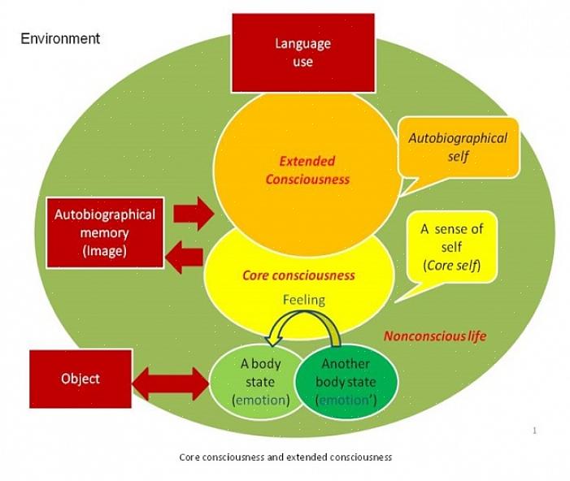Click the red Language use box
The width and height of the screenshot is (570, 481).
tap(303, 51)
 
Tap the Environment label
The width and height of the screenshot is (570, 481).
tap(60, 38)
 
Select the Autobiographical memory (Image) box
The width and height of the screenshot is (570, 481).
tap(104, 232)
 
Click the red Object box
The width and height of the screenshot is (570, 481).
tap(80, 379)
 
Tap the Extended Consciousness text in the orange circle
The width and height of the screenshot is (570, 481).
tap(307, 170)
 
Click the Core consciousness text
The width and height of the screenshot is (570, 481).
tap(298, 275)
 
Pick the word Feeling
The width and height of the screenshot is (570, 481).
tap(303, 300)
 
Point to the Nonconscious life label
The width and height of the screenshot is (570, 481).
tap(436, 336)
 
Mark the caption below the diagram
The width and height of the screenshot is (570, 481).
tap(285, 457)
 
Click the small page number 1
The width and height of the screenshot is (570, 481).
tap(534, 430)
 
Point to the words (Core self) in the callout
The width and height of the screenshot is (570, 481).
tap(451, 265)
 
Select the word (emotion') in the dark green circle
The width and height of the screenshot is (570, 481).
tap(345, 400)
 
